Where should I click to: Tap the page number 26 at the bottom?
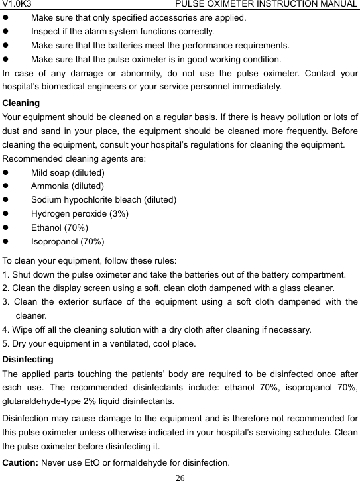180,476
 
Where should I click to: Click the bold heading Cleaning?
21,103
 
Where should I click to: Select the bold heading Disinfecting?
29,360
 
